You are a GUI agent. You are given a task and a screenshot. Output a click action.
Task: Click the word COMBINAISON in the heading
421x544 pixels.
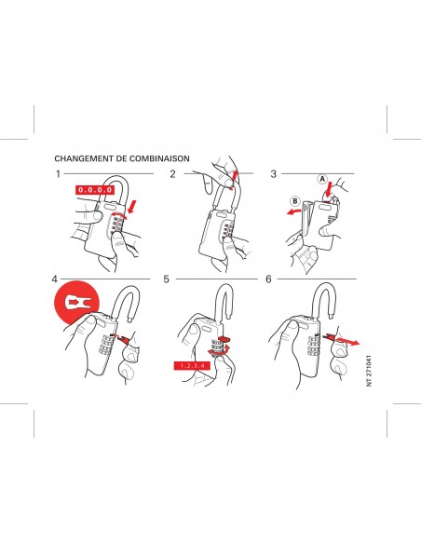pyautogui.click(x=159, y=158)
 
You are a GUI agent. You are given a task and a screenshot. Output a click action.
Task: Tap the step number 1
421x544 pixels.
pyautogui.click(x=58, y=174)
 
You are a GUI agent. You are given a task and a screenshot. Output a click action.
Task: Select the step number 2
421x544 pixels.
pyautogui.click(x=172, y=174)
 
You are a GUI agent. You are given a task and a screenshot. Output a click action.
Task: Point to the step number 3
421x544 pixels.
pyautogui.click(x=273, y=174)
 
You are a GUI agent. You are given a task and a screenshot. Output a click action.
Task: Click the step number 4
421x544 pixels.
pyautogui.click(x=54, y=279)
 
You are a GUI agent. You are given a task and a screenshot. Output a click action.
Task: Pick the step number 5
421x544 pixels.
pyautogui.click(x=166, y=279)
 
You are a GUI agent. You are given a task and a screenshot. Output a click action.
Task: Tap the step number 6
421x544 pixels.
pyautogui.click(x=268, y=279)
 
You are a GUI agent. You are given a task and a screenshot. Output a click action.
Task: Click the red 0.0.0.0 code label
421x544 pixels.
pyautogui.click(x=95, y=190)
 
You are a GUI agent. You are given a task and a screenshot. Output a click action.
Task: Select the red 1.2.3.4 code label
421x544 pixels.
pyautogui.click(x=192, y=366)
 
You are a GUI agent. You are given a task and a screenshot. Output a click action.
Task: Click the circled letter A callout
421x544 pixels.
pyautogui.click(x=322, y=179)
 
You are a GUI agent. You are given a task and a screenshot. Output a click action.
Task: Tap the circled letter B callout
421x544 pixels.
pyautogui.click(x=295, y=201)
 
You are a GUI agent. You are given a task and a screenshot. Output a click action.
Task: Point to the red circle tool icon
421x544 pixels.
pyautogui.click(x=76, y=303)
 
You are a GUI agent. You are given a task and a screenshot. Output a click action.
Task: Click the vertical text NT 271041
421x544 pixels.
pyautogui.click(x=369, y=370)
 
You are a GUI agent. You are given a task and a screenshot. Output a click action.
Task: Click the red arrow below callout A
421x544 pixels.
pyautogui.click(x=328, y=189)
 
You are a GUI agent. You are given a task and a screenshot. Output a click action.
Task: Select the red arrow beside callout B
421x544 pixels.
pyautogui.click(x=293, y=211)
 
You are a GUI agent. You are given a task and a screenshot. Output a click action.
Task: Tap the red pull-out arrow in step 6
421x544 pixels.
pyautogui.click(x=347, y=341)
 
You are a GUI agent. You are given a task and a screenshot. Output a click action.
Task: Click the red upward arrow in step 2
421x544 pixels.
pyautogui.click(x=235, y=179)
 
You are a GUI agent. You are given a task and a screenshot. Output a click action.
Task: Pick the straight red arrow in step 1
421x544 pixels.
pyautogui.click(x=132, y=207)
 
